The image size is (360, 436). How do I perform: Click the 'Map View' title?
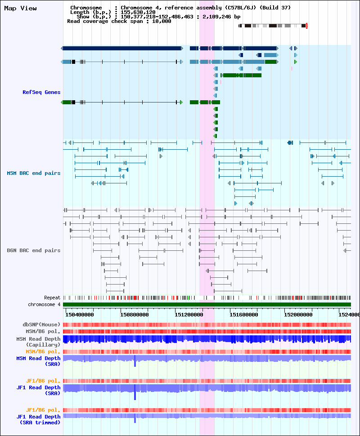[x=20, y=9]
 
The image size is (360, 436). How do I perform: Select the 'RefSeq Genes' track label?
[x=41, y=92]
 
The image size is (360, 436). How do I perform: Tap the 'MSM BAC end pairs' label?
[x=34, y=173]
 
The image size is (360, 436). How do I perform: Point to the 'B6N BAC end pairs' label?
[x=34, y=250]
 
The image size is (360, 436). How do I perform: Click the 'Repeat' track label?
[x=52, y=298]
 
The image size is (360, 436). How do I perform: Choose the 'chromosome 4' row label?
[x=44, y=304]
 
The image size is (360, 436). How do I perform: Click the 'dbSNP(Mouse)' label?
[x=41, y=325]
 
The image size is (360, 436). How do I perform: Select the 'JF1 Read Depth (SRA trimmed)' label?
[x=38, y=420]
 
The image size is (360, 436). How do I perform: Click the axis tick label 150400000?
[x=79, y=315]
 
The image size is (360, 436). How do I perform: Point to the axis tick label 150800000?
[x=134, y=315]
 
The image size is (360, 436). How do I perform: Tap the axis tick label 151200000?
[x=189, y=315]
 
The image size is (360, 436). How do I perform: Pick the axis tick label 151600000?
[x=243, y=315]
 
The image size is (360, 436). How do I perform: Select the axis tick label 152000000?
[x=298, y=315]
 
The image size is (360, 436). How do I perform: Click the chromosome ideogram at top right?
[x=273, y=26]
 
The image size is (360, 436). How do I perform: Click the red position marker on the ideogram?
[x=306, y=26]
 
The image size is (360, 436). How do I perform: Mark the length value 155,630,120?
[x=138, y=12]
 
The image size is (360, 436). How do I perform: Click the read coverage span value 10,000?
[x=162, y=21]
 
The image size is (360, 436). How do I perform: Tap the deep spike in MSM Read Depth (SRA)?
[x=135, y=361]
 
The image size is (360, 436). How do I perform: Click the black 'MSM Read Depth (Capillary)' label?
[x=38, y=342]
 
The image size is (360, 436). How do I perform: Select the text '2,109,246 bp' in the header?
[x=221, y=17]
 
